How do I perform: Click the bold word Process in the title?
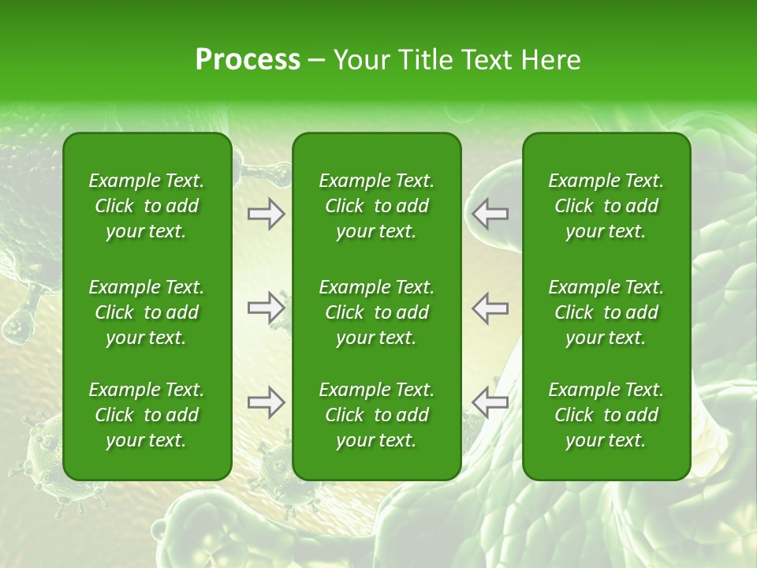tap(248, 60)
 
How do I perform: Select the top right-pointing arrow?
tap(266, 214)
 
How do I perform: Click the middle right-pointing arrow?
tap(266, 308)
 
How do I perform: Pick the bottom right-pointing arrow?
tap(266, 402)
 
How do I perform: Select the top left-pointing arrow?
tap(490, 214)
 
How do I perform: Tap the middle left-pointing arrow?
tap(490, 308)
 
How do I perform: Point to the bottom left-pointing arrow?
tap(490, 402)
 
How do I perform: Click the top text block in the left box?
tap(147, 206)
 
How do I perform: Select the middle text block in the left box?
tap(147, 312)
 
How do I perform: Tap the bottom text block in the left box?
tap(147, 415)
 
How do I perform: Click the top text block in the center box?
tap(376, 206)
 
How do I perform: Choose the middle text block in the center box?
tap(376, 312)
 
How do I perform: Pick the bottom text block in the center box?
tap(376, 415)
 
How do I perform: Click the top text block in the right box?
tap(606, 206)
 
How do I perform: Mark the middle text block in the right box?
tap(606, 312)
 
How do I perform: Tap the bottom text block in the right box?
tap(606, 415)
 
